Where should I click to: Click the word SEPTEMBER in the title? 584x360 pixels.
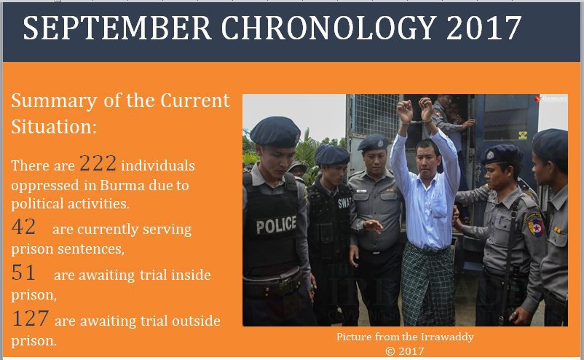tap(117, 28)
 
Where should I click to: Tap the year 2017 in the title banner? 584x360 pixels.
tap(484, 28)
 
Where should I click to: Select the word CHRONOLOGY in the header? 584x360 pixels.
tap(329, 28)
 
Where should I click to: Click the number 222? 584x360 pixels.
tap(98, 163)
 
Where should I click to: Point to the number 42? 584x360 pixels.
tap(23, 227)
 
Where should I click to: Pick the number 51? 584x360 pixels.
tap(23, 273)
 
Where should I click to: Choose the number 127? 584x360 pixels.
tap(30, 318)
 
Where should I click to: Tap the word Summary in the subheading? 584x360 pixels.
tap(54, 101)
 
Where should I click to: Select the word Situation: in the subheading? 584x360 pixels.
tap(54, 127)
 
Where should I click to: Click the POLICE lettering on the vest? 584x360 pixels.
tap(276, 225)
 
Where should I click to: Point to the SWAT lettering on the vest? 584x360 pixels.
tap(344, 203)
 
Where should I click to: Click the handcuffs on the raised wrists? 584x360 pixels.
tap(417, 121)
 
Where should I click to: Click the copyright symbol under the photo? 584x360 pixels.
tap(390, 351)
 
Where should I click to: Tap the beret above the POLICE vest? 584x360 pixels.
tap(275, 132)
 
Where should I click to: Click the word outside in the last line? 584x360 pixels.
tap(196, 321)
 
